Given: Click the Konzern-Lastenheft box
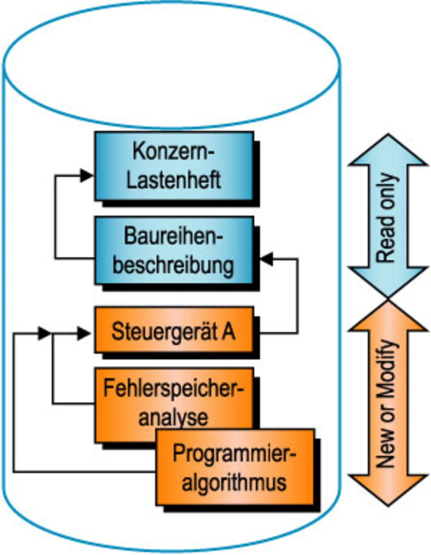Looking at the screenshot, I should click(174, 166).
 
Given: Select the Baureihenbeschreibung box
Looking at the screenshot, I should click(174, 250).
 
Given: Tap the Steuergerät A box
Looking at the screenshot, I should click(174, 330).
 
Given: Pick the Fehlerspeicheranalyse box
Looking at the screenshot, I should click(174, 403).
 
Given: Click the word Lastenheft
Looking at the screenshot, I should click(174, 180).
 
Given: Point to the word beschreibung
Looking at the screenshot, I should click(173, 265).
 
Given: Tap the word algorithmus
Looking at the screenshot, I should click(234, 482).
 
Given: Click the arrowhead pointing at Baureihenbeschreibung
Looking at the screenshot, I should click(267, 259).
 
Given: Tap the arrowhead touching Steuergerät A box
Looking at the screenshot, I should click(84, 334).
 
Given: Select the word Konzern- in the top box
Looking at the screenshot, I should click(174, 151).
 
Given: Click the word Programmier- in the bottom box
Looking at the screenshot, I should click(234, 453).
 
